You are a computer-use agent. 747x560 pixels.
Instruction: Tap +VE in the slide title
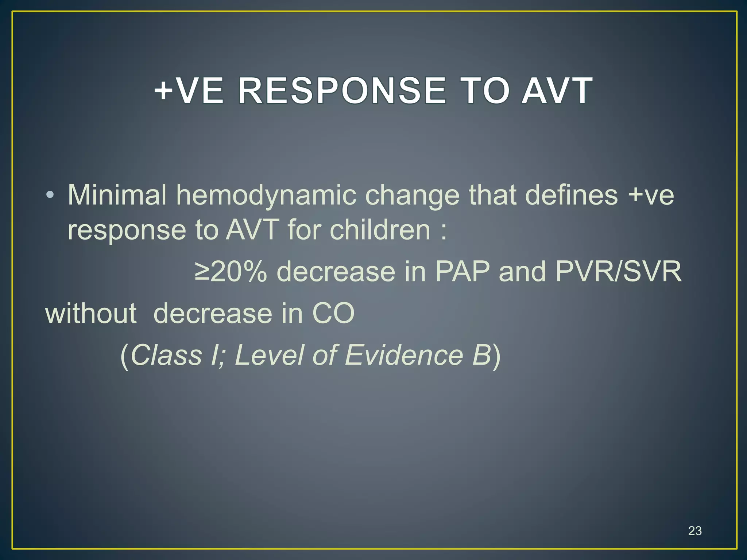pyautogui.click(x=188, y=91)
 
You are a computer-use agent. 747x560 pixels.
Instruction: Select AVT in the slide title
pyautogui.click(x=557, y=91)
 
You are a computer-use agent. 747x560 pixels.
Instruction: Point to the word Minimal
pyautogui.click(x=117, y=195)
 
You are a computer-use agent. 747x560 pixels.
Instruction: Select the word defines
pyautogui.click(x=571, y=195)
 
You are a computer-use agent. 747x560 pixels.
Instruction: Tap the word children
pyautogui.click(x=380, y=230)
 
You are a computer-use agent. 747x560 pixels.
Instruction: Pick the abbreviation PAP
pyautogui.click(x=462, y=272)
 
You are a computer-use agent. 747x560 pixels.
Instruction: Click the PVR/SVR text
pyautogui.click(x=618, y=272)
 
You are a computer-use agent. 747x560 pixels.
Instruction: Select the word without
pyautogui.click(x=91, y=313)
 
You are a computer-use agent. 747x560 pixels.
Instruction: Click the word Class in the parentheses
pyautogui.click(x=166, y=355)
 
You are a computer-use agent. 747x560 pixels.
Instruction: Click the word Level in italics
pyautogui.click(x=269, y=355)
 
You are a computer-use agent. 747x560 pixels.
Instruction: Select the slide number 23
pyautogui.click(x=694, y=531)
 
